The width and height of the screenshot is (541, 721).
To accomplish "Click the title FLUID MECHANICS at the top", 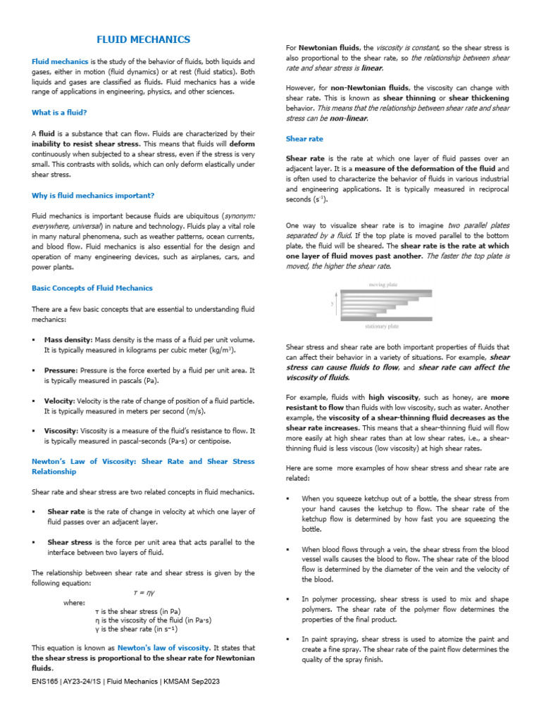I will click(143, 39).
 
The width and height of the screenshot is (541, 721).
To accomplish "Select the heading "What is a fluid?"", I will click(60, 112).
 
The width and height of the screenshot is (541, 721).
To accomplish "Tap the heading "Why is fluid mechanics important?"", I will click(93, 195).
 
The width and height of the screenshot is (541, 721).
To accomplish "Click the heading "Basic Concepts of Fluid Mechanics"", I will click(92, 288).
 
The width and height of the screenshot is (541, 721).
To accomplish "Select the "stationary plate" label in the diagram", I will click(383, 326).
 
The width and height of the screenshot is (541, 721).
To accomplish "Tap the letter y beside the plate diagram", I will click(332, 303).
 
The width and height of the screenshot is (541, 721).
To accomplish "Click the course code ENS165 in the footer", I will click(45, 682).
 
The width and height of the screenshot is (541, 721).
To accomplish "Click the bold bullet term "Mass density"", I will click(68, 339).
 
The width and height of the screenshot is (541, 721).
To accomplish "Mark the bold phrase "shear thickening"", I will click(478, 99).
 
